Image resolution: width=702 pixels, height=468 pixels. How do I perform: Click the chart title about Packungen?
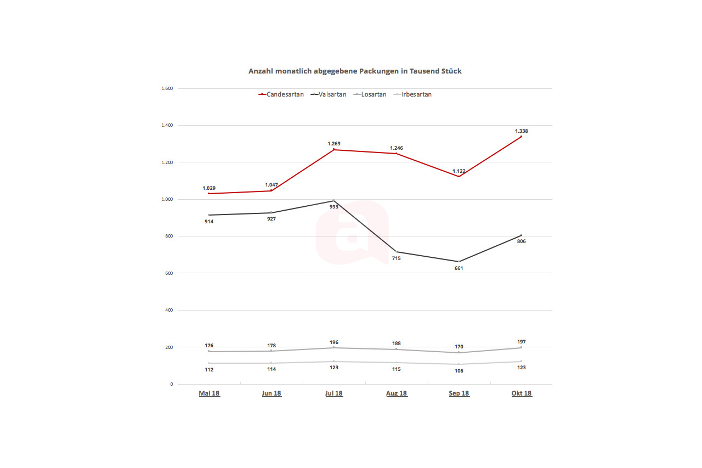[355, 71]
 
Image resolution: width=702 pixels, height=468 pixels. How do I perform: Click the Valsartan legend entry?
[329, 94]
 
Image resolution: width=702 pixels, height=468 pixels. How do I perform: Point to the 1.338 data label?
[521, 131]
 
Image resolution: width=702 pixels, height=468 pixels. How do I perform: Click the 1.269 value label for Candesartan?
[334, 144]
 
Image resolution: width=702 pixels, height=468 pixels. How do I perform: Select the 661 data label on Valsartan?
[459, 268]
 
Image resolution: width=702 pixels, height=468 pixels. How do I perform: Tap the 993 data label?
[334, 207]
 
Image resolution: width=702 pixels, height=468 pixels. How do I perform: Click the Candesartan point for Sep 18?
[459, 176]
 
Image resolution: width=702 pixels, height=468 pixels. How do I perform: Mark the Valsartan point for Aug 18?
[397, 252]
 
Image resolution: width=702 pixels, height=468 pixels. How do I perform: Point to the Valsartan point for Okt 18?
[521, 235]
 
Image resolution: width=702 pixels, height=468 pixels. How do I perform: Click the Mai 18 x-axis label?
[209, 393]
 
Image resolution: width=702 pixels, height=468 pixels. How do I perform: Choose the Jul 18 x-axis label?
[334, 393]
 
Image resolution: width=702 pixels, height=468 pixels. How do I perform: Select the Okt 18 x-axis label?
[522, 393]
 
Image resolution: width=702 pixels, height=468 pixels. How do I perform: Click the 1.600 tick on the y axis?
[166, 88]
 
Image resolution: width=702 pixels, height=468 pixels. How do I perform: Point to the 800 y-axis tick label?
[168, 236]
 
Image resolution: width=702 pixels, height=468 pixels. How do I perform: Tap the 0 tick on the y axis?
[171, 384]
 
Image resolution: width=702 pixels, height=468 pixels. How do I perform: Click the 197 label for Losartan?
[521, 342]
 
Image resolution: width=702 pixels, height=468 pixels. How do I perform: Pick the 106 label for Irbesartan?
[459, 371]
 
